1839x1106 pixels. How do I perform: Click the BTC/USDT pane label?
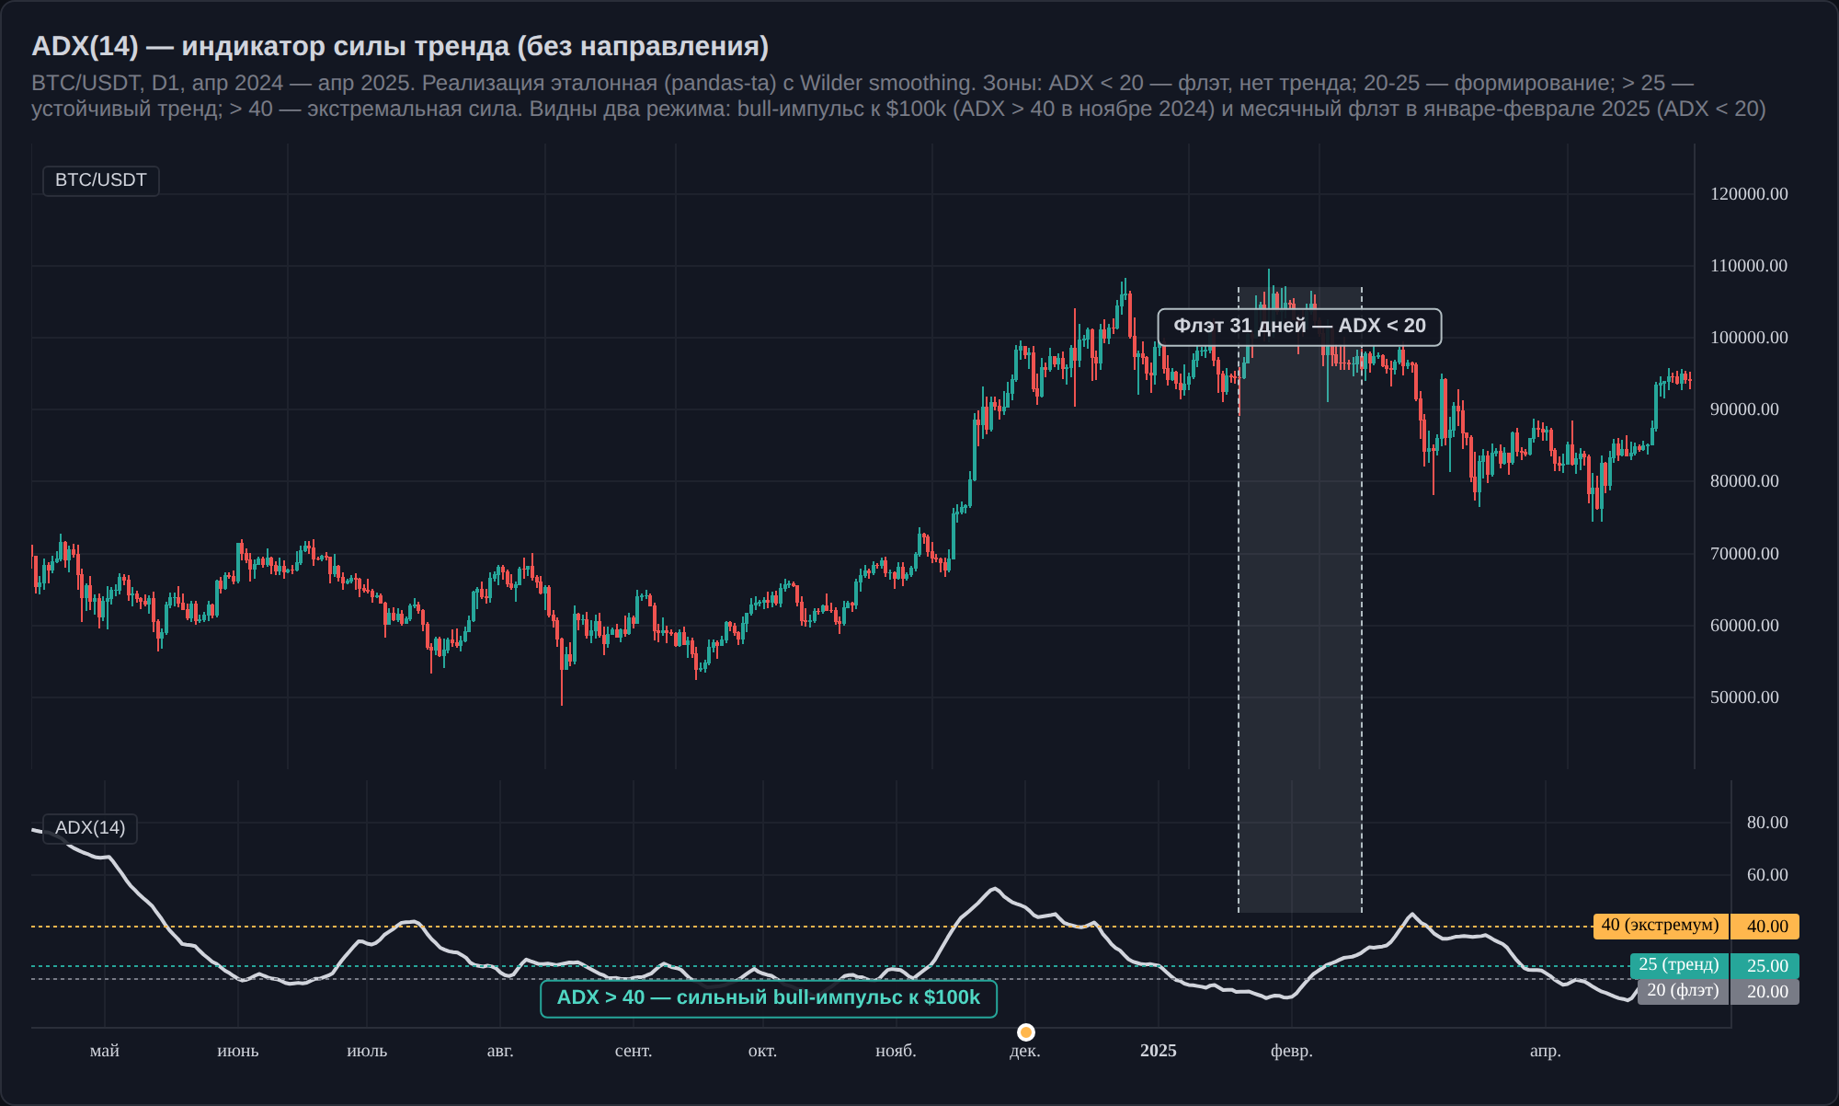pyautogui.click(x=101, y=180)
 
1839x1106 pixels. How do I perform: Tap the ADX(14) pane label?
pyautogui.click(x=90, y=828)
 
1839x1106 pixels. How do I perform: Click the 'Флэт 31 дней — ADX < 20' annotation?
pyautogui.click(x=1299, y=327)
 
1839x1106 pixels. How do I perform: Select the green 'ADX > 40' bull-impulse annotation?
pyautogui.click(x=769, y=998)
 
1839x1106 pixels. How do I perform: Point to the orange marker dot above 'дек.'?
pyautogui.click(x=1026, y=1031)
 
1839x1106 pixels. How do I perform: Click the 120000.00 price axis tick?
pyautogui.click(x=1749, y=194)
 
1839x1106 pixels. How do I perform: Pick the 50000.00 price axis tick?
pyautogui.click(x=1744, y=697)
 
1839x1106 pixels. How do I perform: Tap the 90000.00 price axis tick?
pyautogui.click(x=1744, y=409)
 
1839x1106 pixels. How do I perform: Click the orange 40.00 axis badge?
pyautogui.click(x=1765, y=927)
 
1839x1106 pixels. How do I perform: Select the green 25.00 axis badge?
pyautogui.click(x=1765, y=966)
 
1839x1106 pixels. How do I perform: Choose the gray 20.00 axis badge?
pyautogui.click(x=1765, y=992)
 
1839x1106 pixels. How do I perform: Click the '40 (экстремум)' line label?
pyautogui.click(x=1661, y=926)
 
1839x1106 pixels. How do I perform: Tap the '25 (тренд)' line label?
pyautogui.click(x=1679, y=965)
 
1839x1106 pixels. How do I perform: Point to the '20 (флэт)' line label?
pyautogui.click(x=1683, y=991)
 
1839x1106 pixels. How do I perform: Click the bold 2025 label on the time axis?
pyautogui.click(x=1159, y=1051)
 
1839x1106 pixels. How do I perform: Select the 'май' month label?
pyautogui.click(x=105, y=1051)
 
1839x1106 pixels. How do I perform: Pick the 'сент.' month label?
pyautogui.click(x=634, y=1051)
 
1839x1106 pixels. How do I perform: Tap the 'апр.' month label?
pyautogui.click(x=1546, y=1051)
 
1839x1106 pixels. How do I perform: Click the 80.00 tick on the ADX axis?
pyautogui.click(x=1767, y=823)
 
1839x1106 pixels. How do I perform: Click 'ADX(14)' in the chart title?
pyautogui.click(x=85, y=46)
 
